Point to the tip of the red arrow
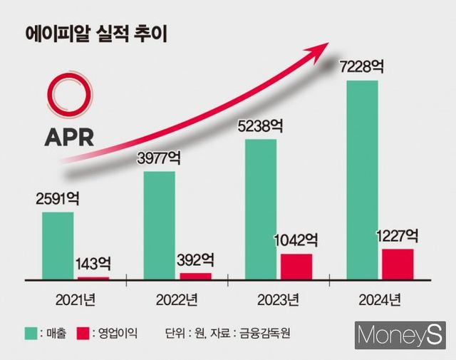pyautogui.click(x=327, y=44)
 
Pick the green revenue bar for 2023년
pyautogui.click(x=261, y=207)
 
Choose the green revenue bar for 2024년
pyautogui.click(x=362, y=179)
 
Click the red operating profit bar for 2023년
pyautogui.click(x=296, y=265)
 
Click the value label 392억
pyautogui.click(x=195, y=260)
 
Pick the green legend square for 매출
pyautogui.click(x=31, y=332)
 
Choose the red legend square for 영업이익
pyautogui.click(x=83, y=332)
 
